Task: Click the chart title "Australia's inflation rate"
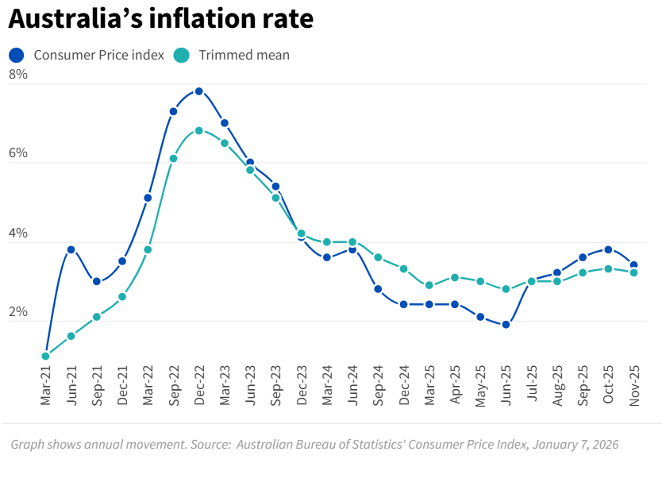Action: click(161, 19)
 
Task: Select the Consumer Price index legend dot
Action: click(17, 55)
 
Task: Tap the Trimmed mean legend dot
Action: click(182, 55)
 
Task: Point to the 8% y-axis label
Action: click(18, 75)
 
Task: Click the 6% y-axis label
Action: click(18, 153)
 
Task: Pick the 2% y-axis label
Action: click(18, 312)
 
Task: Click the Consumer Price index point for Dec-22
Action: click(199, 91)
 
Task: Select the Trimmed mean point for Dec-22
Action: click(199, 130)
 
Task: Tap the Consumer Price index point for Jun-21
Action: click(71, 249)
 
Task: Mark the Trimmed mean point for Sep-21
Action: click(97, 317)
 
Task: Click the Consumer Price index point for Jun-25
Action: click(506, 324)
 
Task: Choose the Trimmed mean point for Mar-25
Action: click(429, 285)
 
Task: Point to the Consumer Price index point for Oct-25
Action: click(608, 249)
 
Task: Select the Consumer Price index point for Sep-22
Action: click(173, 111)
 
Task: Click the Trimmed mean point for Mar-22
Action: click(148, 249)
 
